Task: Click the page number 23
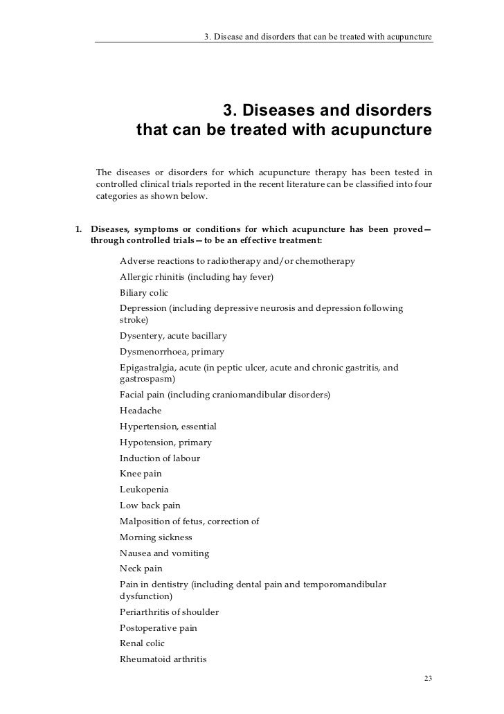427,677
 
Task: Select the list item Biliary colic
143,292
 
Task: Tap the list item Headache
141,410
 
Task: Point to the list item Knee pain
141,474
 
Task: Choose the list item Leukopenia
143,490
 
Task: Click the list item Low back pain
150,506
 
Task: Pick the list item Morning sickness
156,537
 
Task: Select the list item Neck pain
141,569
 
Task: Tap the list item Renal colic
142,643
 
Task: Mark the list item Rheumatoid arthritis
163,659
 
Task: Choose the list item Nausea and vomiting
164,553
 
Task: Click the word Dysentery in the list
141,335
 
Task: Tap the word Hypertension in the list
148,426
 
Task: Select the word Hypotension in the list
147,442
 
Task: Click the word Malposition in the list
145,521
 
